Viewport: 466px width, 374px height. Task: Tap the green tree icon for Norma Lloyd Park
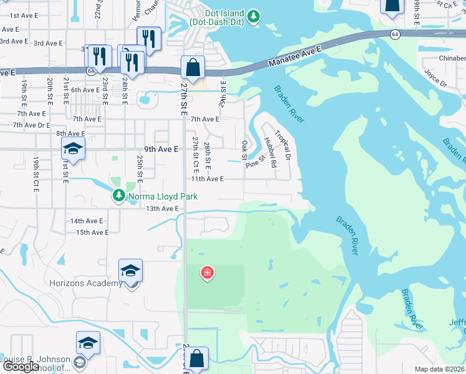[x=118, y=196]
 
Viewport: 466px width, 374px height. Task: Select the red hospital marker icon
[x=207, y=272]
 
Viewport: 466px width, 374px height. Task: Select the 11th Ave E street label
[x=207, y=179]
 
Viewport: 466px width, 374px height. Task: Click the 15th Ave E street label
[x=92, y=233]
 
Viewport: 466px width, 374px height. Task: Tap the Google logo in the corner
[x=21, y=367]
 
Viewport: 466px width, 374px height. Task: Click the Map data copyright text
[x=440, y=369]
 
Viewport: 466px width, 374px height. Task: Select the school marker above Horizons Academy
[x=131, y=271]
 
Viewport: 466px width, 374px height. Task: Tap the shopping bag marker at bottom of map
[x=196, y=359]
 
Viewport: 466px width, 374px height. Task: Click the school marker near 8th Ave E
[x=73, y=150]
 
